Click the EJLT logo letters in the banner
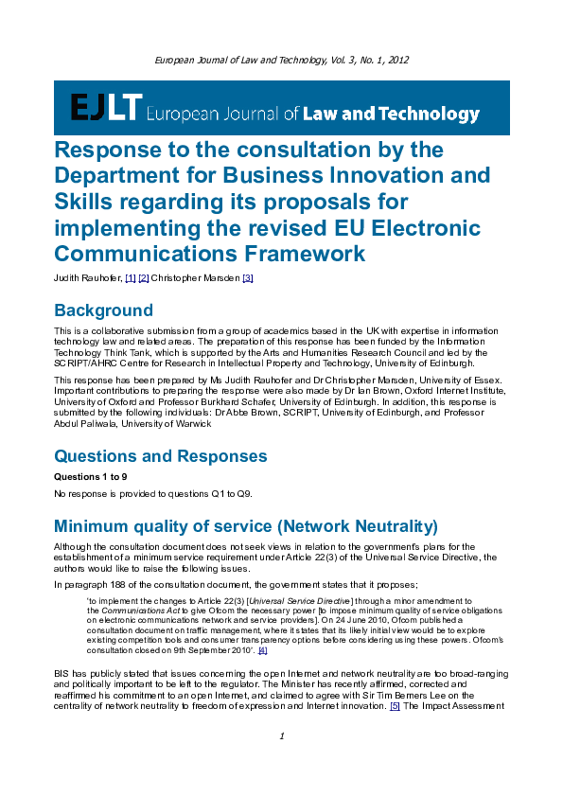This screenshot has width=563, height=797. pyautogui.click(x=106, y=109)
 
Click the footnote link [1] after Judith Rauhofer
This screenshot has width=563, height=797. pyautogui.click(x=131, y=277)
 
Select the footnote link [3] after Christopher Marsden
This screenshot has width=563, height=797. pyautogui.click(x=248, y=277)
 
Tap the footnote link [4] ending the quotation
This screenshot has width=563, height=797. pyautogui.click(x=262, y=649)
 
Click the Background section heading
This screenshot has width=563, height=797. pyautogui.click(x=103, y=310)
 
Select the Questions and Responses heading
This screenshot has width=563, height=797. pyautogui.click(x=160, y=456)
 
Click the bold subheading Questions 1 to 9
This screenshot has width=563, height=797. pyautogui.click(x=90, y=476)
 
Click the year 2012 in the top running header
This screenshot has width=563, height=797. pyautogui.click(x=396, y=60)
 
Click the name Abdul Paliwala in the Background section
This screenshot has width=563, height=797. pyautogui.click(x=84, y=424)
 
